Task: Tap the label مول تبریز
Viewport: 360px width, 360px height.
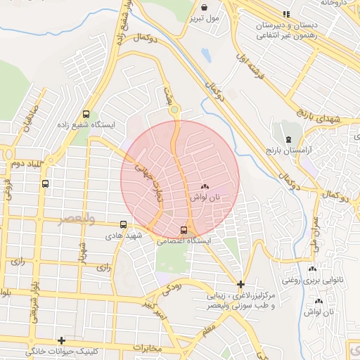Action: [x=205, y=16]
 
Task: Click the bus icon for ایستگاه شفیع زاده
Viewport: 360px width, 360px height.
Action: [x=86, y=114]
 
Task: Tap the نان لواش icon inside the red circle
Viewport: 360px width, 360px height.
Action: [x=205, y=187]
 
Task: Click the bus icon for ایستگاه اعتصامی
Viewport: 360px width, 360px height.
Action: [x=184, y=229]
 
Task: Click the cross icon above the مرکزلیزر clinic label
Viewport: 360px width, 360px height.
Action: [x=240, y=285]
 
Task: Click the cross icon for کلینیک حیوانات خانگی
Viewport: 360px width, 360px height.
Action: [x=62, y=340]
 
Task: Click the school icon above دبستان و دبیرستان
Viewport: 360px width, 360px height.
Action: [x=285, y=13]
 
